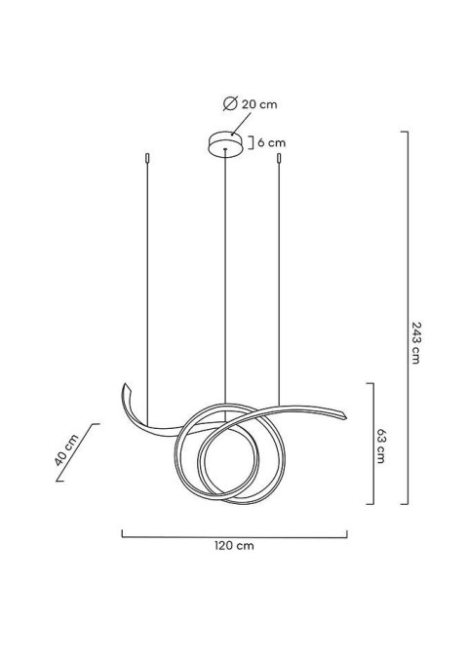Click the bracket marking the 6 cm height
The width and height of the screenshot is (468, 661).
(x=253, y=142)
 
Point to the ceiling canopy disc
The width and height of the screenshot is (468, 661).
(x=226, y=143)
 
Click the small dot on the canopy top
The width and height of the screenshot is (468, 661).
(x=226, y=138)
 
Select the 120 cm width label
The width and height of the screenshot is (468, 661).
(x=234, y=547)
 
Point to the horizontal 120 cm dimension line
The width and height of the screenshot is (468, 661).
(x=234, y=533)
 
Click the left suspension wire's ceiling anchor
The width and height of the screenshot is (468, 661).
(x=146, y=157)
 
